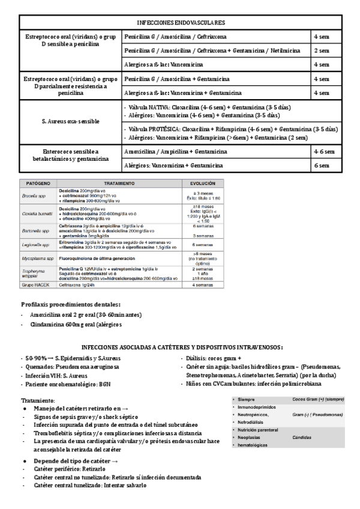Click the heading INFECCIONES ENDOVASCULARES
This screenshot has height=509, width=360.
[181, 22]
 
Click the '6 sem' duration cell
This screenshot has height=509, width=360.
[321, 165]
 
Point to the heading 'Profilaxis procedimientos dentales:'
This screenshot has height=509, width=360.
[71, 304]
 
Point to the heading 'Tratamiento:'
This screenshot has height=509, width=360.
[38, 400]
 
